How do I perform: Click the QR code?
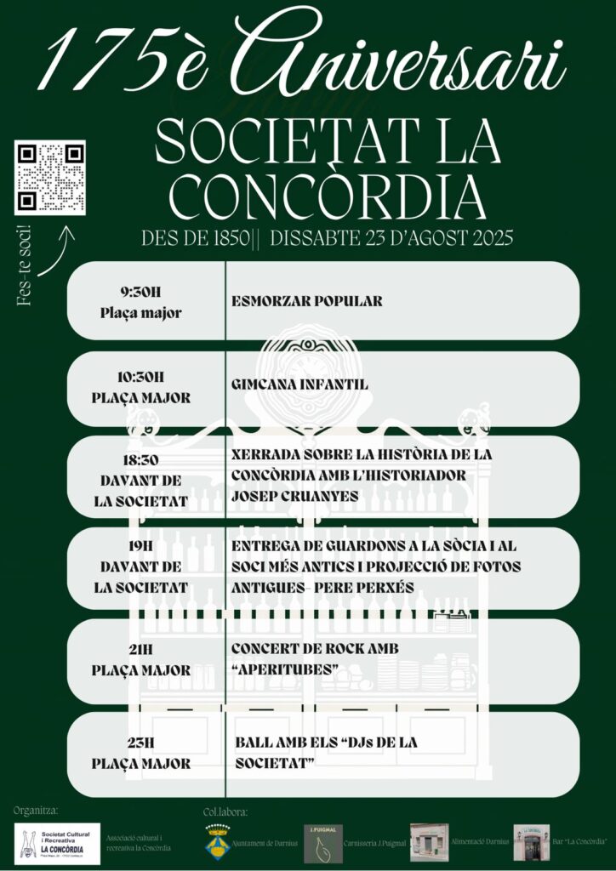[x=50, y=177]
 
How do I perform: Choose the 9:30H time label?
[x=141, y=292]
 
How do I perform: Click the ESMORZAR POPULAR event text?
[x=306, y=301]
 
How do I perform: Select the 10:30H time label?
[x=141, y=376]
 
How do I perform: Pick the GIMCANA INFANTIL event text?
[x=299, y=384]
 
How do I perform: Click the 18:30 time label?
[x=141, y=460]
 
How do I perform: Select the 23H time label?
[x=141, y=743]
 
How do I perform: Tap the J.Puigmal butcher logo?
[x=323, y=843]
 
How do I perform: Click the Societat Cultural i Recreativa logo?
[x=57, y=843]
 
